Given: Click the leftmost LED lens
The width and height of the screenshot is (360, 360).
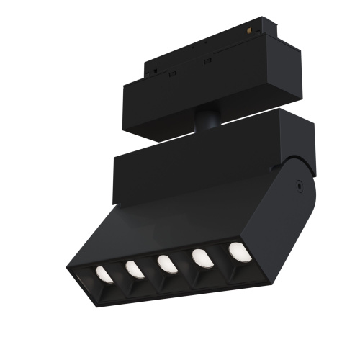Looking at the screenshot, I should (102, 274).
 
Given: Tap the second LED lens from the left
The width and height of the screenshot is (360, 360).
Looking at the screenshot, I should (133, 269).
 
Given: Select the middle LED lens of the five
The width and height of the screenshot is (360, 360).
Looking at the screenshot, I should (165, 264).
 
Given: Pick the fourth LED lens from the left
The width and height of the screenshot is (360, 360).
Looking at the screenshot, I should (199, 258).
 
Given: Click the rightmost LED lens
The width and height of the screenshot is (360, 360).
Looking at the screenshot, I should (236, 251).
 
